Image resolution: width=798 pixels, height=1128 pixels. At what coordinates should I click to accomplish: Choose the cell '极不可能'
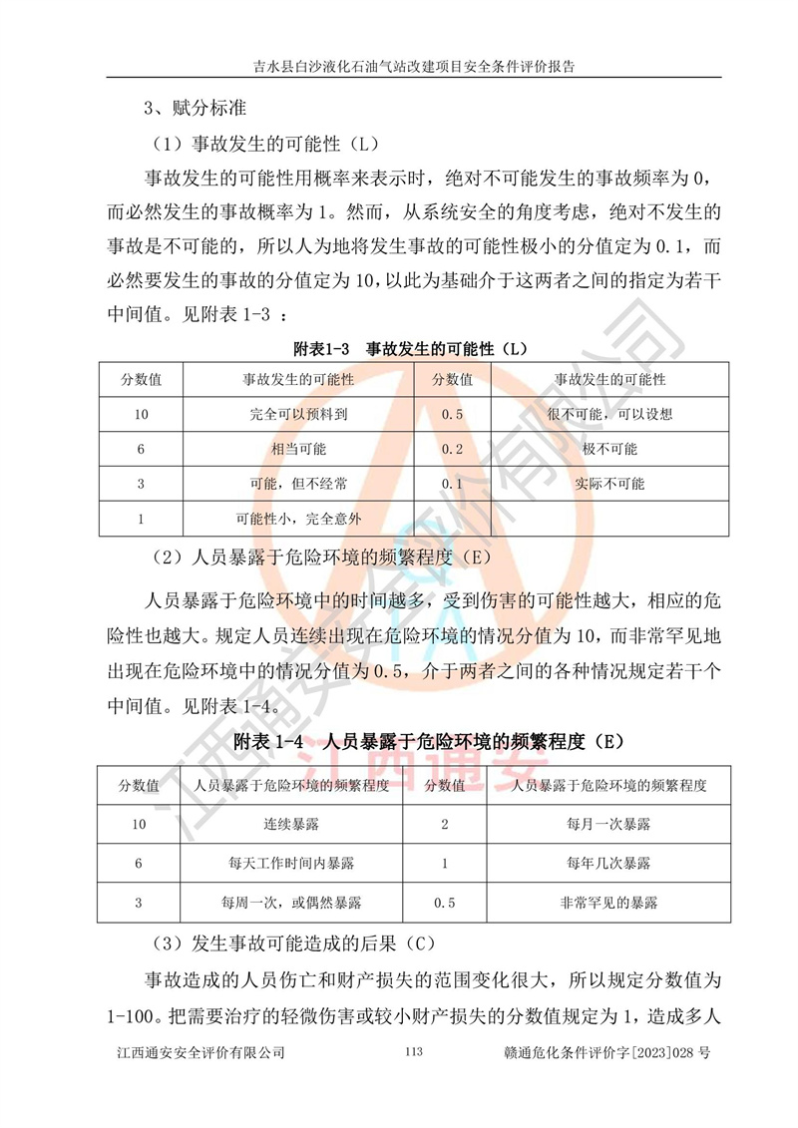pyautogui.click(x=609, y=449)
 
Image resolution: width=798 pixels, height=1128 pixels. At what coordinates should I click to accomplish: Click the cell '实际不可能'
pyautogui.click(x=609, y=484)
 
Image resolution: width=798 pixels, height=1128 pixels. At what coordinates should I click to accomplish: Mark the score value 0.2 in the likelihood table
pyautogui.click(x=452, y=449)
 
